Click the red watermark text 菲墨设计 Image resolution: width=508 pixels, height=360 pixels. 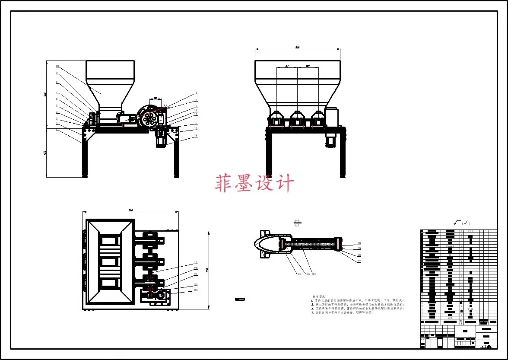click(254, 183)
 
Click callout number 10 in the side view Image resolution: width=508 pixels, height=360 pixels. click(57, 67)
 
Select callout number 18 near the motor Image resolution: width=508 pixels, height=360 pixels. click(195, 136)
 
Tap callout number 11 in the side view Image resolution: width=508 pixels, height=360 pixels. click(195, 93)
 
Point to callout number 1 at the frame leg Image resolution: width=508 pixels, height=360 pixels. click(57, 129)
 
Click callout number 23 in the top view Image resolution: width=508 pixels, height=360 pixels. click(195, 290)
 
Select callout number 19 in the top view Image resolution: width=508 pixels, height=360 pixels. click(195, 263)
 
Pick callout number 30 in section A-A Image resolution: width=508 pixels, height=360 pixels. click(359, 243)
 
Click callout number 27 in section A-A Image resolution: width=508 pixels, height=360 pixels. click(359, 261)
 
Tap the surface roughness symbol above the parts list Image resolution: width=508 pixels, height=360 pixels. click(461, 223)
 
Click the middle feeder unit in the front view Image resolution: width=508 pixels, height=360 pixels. click(297, 120)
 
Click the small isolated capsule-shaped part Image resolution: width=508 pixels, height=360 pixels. click(240, 299)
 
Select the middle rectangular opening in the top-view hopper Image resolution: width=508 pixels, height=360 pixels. click(109, 263)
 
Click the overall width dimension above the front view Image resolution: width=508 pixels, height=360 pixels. click(298, 47)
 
